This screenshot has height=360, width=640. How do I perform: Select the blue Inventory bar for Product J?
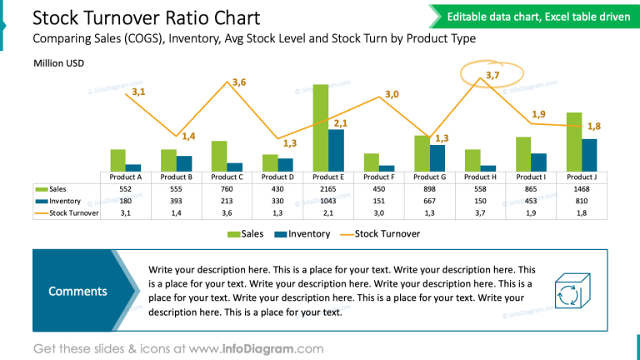[x=589, y=155]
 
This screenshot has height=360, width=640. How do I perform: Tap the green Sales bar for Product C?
[x=219, y=156]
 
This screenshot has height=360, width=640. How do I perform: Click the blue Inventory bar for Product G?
[x=437, y=157]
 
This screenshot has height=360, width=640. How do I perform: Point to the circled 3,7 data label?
[x=492, y=76]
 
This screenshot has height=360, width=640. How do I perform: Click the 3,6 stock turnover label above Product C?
[x=239, y=82]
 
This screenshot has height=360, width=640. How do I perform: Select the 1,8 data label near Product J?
[x=594, y=126]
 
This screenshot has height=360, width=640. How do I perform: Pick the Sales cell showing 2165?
[x=327, y=189]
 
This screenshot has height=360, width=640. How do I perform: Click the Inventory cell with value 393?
[x=177, y=201]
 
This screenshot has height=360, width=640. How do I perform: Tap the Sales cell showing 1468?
[x=581, y=189]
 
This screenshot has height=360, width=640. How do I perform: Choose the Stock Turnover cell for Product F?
[x=378, y=213]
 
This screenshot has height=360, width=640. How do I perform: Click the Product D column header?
[x=277, y=177]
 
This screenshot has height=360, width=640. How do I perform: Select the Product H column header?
[x=480, y=177]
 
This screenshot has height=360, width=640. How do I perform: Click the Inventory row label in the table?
[x=65, y=201]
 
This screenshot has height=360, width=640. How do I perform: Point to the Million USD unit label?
[x=58, y=63]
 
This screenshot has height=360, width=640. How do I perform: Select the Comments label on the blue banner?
[x=77, y=291]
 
